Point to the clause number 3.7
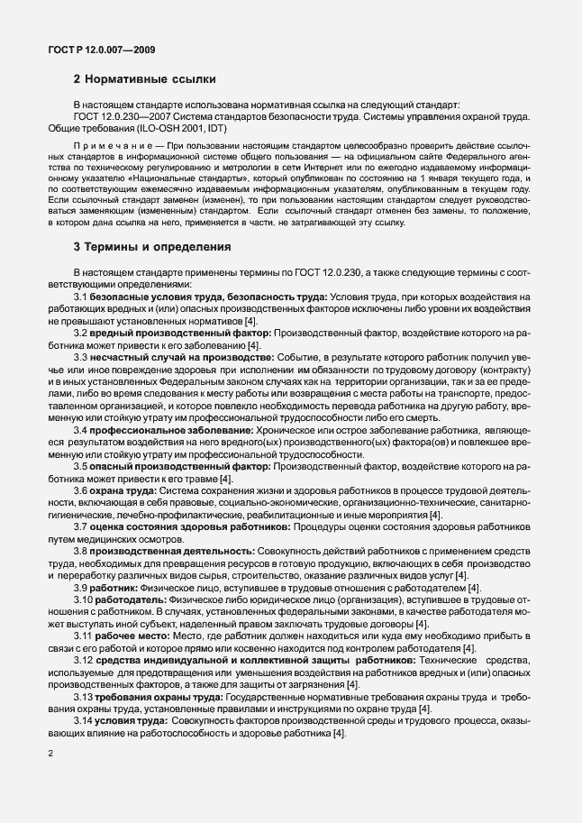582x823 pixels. [x=81, y=526]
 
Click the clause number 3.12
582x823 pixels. [x=84, y=660]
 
